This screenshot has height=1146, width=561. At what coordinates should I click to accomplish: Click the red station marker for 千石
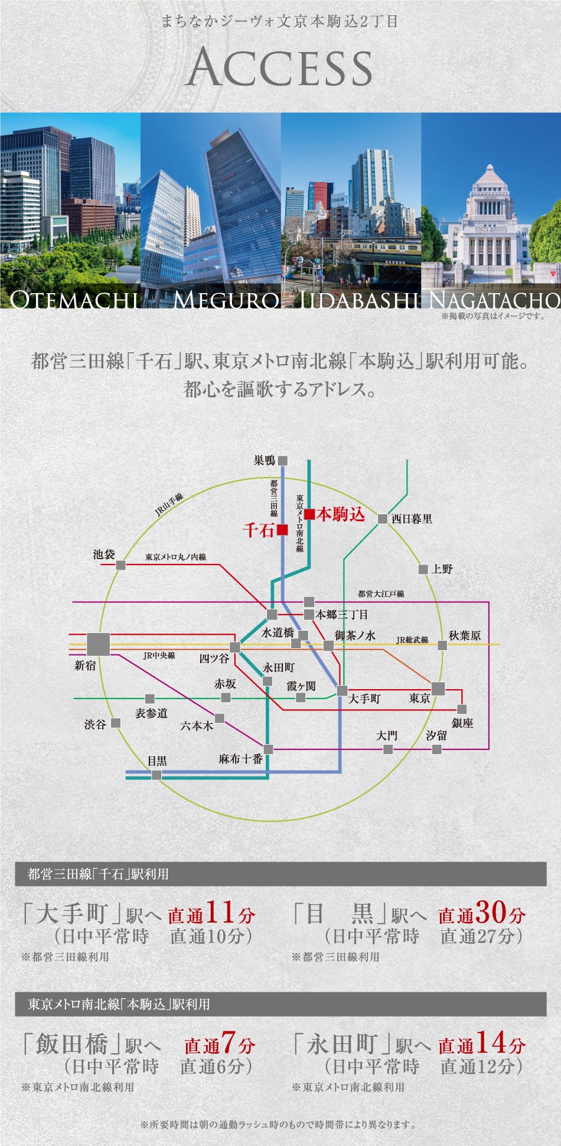[282, 530]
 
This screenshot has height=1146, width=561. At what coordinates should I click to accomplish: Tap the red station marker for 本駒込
[309, 514]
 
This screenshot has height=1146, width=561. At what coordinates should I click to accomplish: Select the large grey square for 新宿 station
[98, 644]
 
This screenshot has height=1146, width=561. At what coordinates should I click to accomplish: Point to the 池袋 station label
[104, 554]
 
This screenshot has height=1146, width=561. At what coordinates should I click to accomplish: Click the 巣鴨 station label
[265, 460]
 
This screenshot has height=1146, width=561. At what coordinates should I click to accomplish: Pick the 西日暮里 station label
[412, 519]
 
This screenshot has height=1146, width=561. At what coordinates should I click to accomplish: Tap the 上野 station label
[442, 569]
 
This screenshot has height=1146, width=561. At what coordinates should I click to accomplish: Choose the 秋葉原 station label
[465, 635]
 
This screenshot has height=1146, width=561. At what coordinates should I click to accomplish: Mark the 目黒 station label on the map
[157, 761]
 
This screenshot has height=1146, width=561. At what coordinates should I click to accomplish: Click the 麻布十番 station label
[240, 759]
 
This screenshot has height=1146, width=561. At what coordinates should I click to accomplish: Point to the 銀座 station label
[462, 723]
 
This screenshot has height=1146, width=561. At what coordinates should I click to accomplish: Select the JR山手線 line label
[169, 505]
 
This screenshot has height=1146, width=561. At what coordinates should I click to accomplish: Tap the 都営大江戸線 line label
[381, 594]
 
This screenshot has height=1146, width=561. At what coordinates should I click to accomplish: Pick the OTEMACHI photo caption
[74, 300]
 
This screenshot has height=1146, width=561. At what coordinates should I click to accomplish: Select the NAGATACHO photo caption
[494, 300]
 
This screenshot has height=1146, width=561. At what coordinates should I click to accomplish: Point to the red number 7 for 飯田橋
[229, 1042]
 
